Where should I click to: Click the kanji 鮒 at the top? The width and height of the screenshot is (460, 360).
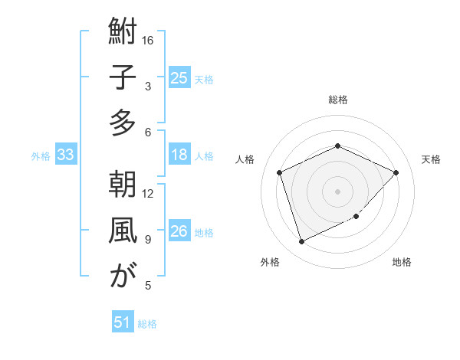click(123, 33)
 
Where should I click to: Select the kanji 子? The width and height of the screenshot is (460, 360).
click(123, 78)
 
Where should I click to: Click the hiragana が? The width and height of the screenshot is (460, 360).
click(123, 277)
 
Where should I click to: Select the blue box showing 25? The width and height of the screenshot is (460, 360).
click(179, 77)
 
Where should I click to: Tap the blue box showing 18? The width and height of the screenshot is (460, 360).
click(179, 155)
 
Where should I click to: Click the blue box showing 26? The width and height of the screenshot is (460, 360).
click(179, 232)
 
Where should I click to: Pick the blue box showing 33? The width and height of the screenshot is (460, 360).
click(66, 155)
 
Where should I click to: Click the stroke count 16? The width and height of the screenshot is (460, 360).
click(149, 40)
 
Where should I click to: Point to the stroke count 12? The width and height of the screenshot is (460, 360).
click(149, 193)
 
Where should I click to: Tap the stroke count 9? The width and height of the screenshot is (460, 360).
click(148, 239)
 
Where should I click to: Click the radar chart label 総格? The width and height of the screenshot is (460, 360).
click(337, 100)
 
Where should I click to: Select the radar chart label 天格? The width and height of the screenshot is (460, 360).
click(431, 159)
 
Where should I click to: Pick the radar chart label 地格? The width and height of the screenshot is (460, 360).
click(402, 262)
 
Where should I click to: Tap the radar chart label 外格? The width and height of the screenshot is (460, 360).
click(270, 262)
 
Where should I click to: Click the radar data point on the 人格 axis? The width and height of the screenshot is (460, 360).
click(280, 172)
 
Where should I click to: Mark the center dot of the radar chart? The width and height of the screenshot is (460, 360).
click(337, 191)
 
